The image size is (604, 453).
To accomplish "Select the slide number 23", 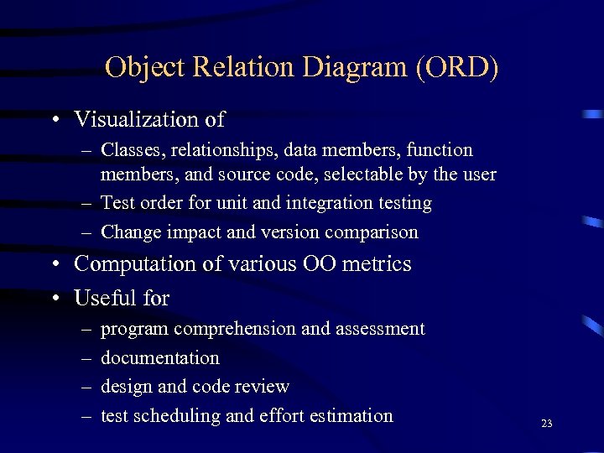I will coord(547,424).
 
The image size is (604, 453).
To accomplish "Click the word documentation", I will coord(160,357).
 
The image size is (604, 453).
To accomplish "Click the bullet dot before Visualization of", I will coord(54,121).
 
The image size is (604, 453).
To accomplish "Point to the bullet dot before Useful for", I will coord(54,299).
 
